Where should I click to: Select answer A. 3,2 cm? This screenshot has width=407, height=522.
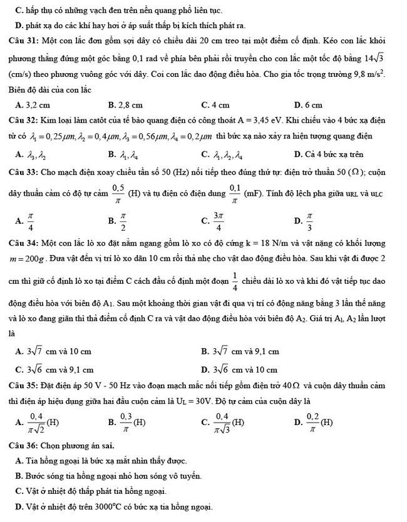pos(35,104)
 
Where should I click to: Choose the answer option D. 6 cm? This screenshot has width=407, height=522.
pos(307,104)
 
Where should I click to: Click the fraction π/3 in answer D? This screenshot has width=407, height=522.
pos(309,219)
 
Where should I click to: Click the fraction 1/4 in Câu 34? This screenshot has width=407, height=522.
pos(235,279)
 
